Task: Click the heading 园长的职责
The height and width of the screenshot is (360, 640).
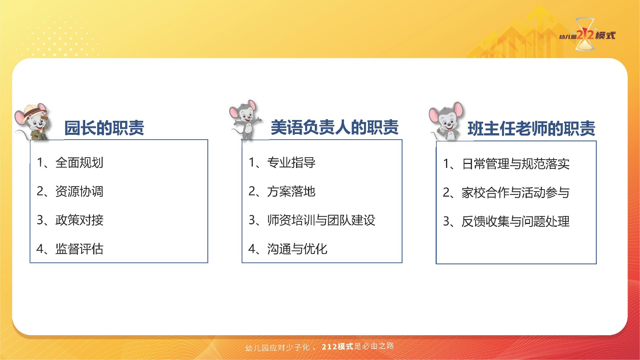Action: [104, 128]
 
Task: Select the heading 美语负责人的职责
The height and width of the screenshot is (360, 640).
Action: [334, 128]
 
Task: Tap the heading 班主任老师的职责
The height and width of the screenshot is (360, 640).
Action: [532, 128]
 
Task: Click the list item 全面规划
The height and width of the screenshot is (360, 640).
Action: [70, 162]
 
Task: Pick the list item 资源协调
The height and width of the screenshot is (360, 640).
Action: [70, 192]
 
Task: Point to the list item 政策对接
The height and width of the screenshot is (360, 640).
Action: [70, 220]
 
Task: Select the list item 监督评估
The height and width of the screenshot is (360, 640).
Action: [70, 249]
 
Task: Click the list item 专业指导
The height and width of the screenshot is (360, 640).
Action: [282, 162]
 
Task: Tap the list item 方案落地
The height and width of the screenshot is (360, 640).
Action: [282, 192]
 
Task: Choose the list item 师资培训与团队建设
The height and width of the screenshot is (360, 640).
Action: [312, 220]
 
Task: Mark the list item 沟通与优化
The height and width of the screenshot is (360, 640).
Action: [288, 249]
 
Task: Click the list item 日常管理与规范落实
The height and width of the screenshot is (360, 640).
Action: [506, 164]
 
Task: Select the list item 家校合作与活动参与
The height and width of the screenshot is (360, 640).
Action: [506, 192]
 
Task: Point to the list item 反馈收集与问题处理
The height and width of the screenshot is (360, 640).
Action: [506, 222]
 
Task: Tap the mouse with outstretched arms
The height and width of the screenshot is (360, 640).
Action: [246, 120]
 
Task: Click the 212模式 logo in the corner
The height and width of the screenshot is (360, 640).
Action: [586, 35]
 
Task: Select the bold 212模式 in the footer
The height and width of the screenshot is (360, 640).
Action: [338, 346]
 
